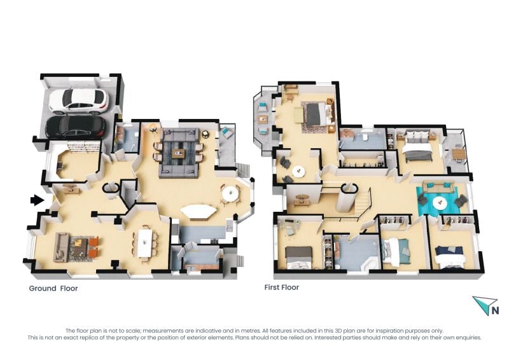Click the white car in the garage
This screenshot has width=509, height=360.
pyautogui.click(x=78, y=101)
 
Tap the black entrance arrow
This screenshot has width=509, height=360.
pyautogui.click(x=38, y=200)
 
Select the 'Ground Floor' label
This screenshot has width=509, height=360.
pyautogui.click(x=53, y=288)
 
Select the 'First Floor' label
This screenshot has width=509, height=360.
pyautogui.click(x=281, y=287)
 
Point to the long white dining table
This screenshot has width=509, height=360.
pyautogui.click(x=144, y=243)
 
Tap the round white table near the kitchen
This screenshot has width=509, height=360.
pyautogui.click(x=230, y=194)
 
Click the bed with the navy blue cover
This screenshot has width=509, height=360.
pyautogui.click(x=450, y=256)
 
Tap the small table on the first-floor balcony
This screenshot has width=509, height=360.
pyautogui.click(x=458, y=154)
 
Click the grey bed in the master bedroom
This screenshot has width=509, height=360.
pyautogui.click(x=316, y=114)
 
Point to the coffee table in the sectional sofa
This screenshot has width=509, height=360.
pyautogui.click(x=178, y=153)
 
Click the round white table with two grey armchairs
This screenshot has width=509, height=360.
pyautogui.click(x=298, y=171)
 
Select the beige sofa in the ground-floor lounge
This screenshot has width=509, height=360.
pyautogui.click(x=61, y=247)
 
